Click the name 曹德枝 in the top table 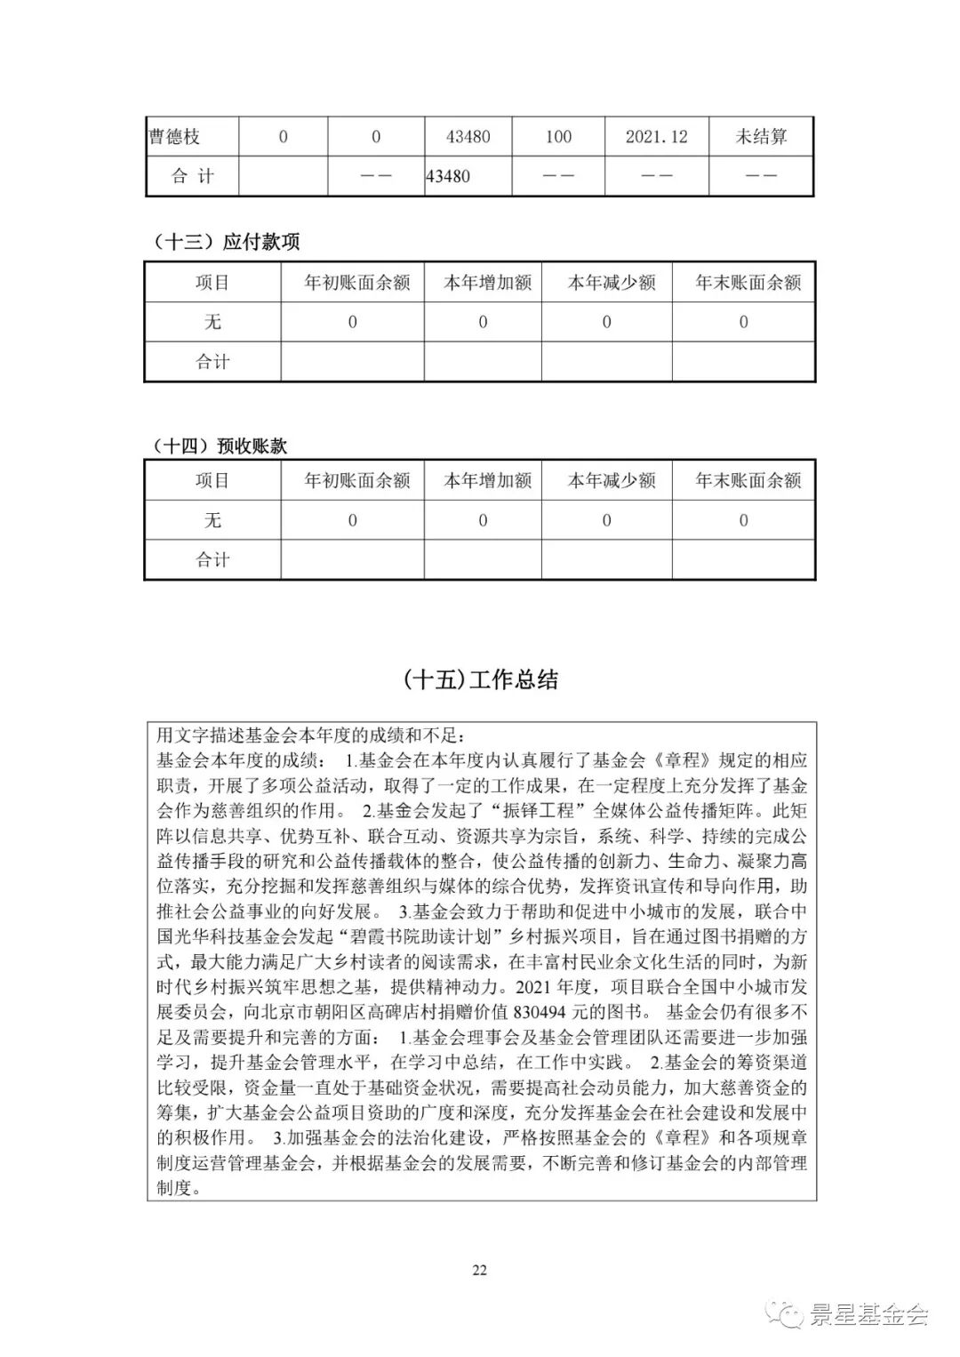[x=174, y=137]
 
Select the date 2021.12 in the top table [x=656, y=137]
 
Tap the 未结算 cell [x=761, y=137]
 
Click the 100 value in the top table [x=558, y=137]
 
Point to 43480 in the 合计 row [x=448, y=176]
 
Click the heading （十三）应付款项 [x=227, y=242]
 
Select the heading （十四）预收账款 [x=220, y=446]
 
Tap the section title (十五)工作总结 [x=480, y=680]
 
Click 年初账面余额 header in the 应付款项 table [x=357, y=283]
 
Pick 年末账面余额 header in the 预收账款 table [x=748, y=480]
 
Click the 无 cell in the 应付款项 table [x=212, y=322]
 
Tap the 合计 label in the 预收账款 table [x=212, y=559]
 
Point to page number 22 [x=479, y=1270]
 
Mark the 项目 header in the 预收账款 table [x=212, y=480]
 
